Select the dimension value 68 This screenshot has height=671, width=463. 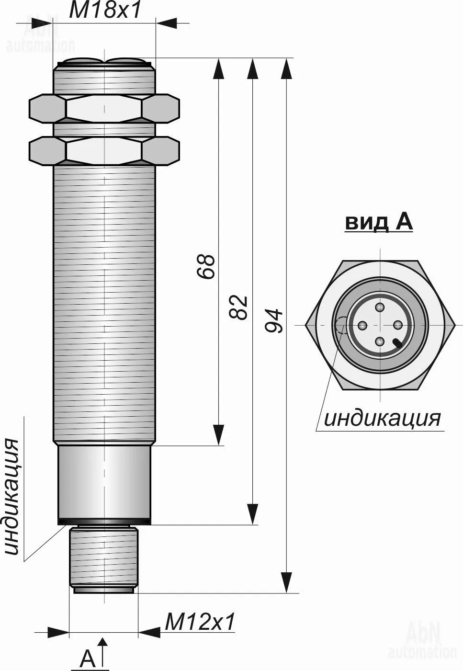click(206, 266)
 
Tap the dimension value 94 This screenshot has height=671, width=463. click(274, 321)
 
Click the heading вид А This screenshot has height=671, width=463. click(379, 223)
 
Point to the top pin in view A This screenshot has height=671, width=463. click(380, 307)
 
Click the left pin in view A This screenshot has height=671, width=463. click(362, 325)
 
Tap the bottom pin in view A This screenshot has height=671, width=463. click(380, 341)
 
